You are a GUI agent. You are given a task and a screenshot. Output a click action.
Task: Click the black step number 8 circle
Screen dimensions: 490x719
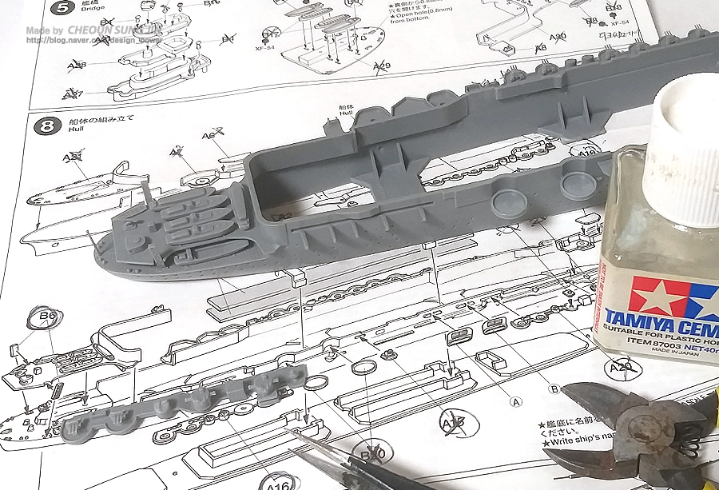pyautogui.click(x=48, y=125)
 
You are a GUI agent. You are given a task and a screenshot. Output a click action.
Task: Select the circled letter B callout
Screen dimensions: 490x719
pyautogui.click(x=554, y=388)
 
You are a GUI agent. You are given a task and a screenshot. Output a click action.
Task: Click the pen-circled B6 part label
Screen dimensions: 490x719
pyautogui.click(x=48, y=317)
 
